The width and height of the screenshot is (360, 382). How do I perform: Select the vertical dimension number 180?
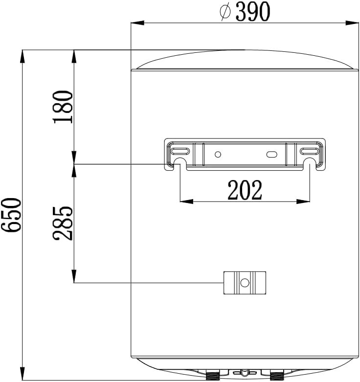64,107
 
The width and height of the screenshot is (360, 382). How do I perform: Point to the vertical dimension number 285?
64,223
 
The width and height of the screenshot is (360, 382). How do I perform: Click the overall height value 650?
11,215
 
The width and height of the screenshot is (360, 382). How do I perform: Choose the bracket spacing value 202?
245,190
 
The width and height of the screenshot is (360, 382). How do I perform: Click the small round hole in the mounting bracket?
218,155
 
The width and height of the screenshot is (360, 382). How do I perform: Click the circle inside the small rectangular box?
245,282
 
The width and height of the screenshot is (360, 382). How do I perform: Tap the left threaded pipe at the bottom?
213,376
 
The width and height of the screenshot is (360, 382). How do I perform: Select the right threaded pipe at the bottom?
277,376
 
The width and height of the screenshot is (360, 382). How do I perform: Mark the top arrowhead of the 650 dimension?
22,55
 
